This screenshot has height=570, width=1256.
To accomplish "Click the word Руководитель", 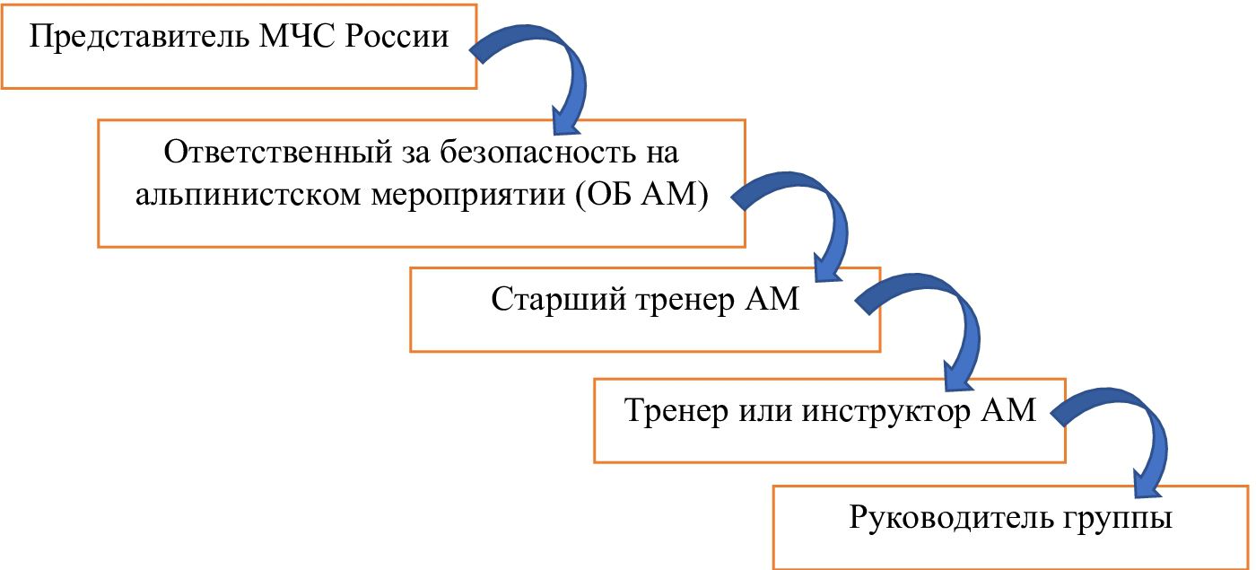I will [953, 518].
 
